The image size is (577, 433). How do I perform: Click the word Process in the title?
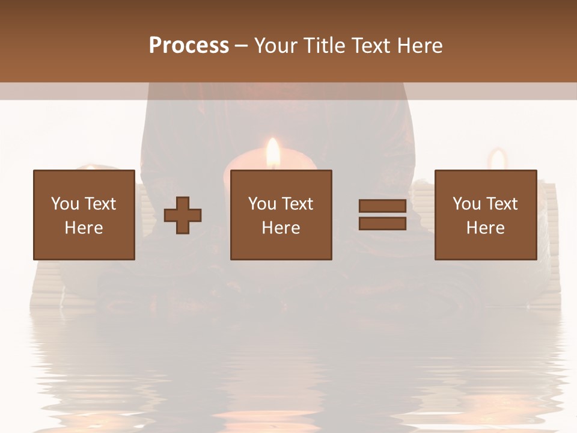coord(189,45)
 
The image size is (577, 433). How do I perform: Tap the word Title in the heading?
coord(326,46)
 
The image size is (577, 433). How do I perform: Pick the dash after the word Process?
coord(242,46)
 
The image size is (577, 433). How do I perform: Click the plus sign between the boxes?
coord(183,215)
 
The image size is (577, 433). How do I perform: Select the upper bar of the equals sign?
coord(382,206)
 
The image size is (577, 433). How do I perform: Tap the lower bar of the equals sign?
coord(382,224)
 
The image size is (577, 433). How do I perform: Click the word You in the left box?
coord(64,203)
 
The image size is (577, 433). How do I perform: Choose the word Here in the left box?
coord(84,227)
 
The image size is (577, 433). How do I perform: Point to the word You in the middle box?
coord(262,204)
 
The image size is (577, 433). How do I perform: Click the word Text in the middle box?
coord(297,204)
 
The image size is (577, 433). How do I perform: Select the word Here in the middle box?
coord(281,228)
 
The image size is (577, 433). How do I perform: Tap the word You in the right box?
coord(466,204)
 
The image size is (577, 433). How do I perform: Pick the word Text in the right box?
coord(501,204)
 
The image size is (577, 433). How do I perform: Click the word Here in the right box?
coord(486,228)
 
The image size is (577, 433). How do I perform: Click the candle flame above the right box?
coord(497,159)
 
